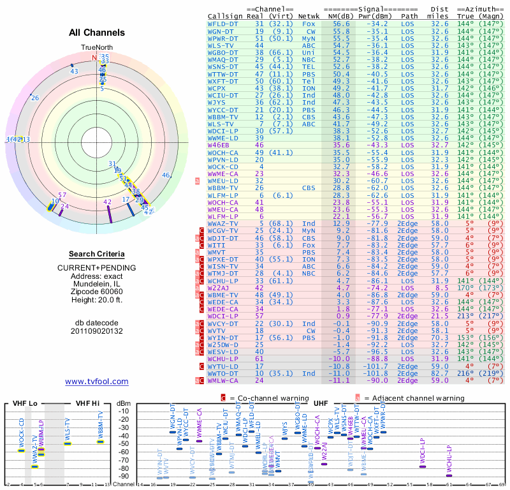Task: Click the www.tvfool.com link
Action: (97, 382)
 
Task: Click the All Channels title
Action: (97, 33)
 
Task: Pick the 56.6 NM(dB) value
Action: (340, 24)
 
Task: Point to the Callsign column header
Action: (226, 16)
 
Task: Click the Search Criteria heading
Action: (97, 254)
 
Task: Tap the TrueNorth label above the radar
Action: (96, 48)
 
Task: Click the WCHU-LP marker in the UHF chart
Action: (449, 475)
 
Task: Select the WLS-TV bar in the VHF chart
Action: (67, 443)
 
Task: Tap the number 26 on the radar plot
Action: (34, 98)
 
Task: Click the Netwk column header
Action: (309, 16)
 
